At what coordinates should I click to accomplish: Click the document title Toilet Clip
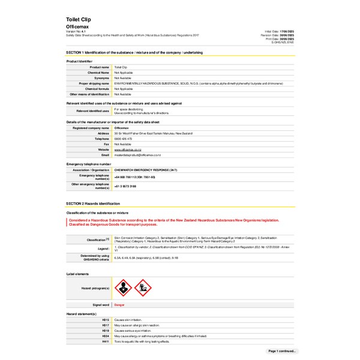[x=77, y=20]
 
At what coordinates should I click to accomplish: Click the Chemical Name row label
[x=99, y=72]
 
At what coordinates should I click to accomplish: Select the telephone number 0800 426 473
[x=122, y=139]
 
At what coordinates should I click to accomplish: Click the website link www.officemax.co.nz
[x=128, y=149]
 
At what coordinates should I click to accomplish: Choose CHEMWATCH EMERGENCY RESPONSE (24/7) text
[x=143, y=170]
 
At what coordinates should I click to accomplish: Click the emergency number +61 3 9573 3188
[x=128, y=187]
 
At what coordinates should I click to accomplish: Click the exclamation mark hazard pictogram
[x=122, y=288]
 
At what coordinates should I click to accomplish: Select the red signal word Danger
[x=119, y=305]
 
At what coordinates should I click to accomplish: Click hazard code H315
[x=106, y=320]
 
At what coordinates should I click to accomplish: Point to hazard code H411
[x=106, y=341]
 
